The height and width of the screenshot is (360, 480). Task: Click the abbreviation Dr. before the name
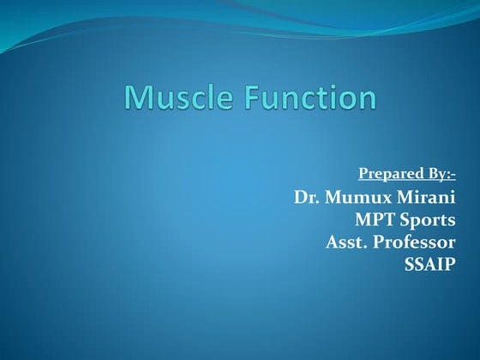click(307, 198)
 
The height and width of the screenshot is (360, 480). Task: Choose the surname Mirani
click(429, 198)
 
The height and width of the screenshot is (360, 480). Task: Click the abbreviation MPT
click(375, 220)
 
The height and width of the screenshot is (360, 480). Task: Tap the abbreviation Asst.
click(347, 243)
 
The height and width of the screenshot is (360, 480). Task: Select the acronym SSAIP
click(429, 264)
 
